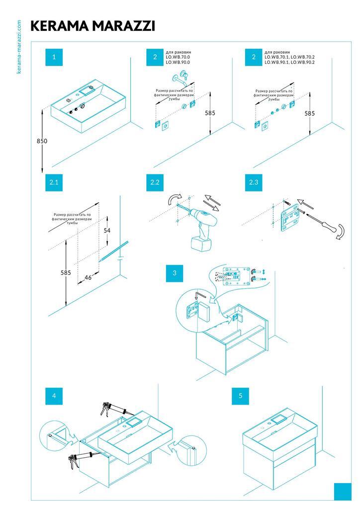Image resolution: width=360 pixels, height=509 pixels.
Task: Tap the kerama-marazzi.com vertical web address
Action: pyautogui.click(x=19, y=47)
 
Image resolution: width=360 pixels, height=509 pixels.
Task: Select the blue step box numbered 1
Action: pyautogui.click(x=54, y=57)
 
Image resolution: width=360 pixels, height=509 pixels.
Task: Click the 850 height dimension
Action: pyautogui.click(x=42, y=141)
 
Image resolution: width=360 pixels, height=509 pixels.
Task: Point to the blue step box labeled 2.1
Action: pyautogui.click(x=54, y=182)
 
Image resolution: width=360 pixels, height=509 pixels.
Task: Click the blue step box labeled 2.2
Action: pyautogui.click(x=155, y=182)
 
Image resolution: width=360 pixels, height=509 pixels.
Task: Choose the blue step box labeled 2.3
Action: pyautogui.click(x=254, y=182)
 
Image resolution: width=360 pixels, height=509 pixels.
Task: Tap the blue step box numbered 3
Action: pyautogui.click(x=175, y=273)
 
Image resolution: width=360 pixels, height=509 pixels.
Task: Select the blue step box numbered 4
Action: pyautogui.click(x=54, y=396)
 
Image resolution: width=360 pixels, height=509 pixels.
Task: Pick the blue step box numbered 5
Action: pyautogui.click(x=241, y=396)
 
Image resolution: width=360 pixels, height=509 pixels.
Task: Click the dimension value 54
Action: pyautogui.click(x=107, y=231)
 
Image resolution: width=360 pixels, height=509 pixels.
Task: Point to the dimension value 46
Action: pyautogui.click(x=88, y=277)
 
